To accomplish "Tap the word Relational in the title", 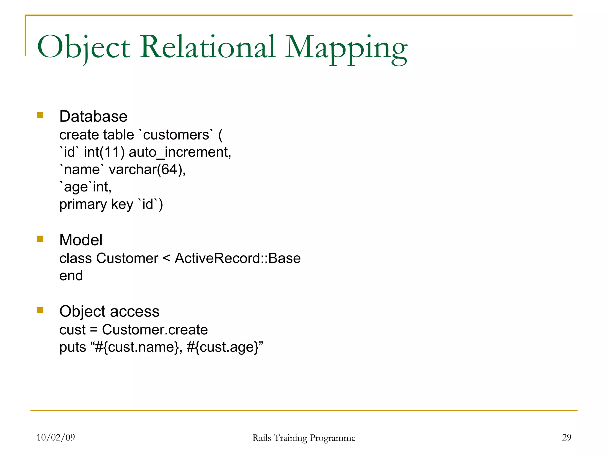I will [208, 47].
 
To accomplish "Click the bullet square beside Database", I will [40, 115].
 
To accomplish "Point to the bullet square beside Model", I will [40, 239].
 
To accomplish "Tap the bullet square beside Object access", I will [40, 310].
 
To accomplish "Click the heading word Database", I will [93, 116].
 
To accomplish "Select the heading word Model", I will [81, 240].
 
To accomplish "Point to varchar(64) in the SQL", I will [147, 170].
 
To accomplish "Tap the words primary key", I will [96, 205].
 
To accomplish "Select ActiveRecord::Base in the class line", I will [237, 258].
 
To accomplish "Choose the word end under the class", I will [71, 276].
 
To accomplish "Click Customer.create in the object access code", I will [155, 330].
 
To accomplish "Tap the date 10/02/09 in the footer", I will [56, 437].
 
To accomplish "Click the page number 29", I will [566, 437].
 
